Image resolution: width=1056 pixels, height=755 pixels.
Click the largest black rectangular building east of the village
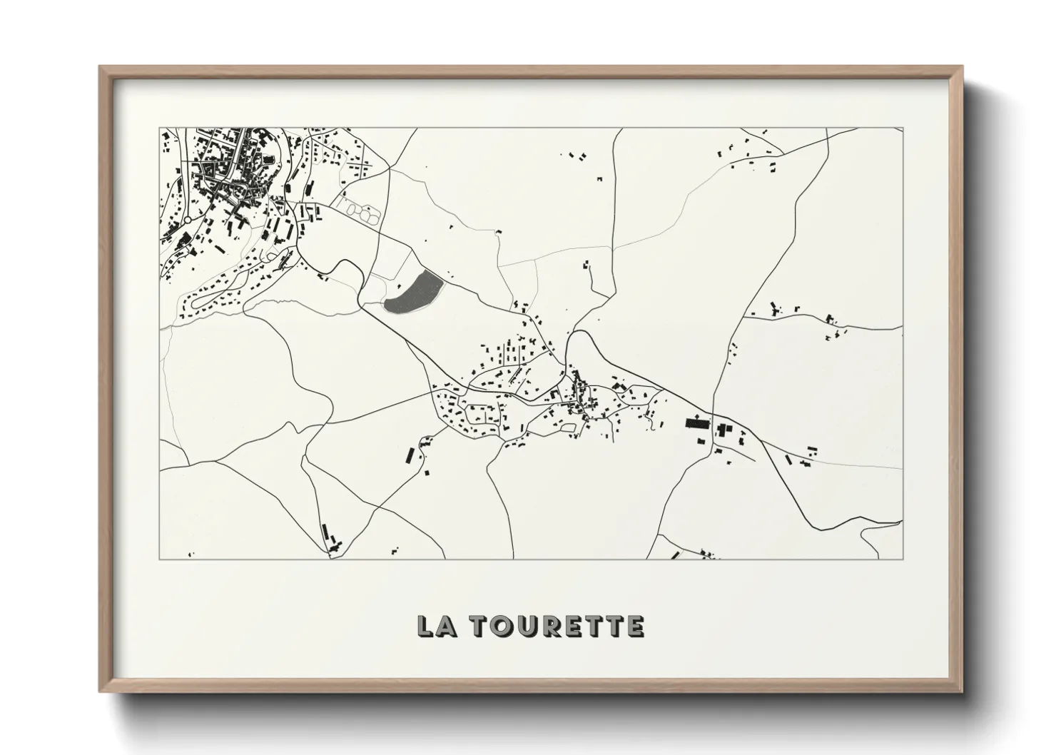tap(696, 422)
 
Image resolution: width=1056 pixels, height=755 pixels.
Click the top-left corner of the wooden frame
tap(101, 67)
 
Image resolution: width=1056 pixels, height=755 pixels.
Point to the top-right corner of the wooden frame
tap(961, 67)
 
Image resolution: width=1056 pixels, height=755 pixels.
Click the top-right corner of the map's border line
tap(903, 128)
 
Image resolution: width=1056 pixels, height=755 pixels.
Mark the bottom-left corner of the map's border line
tap(159, 559)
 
